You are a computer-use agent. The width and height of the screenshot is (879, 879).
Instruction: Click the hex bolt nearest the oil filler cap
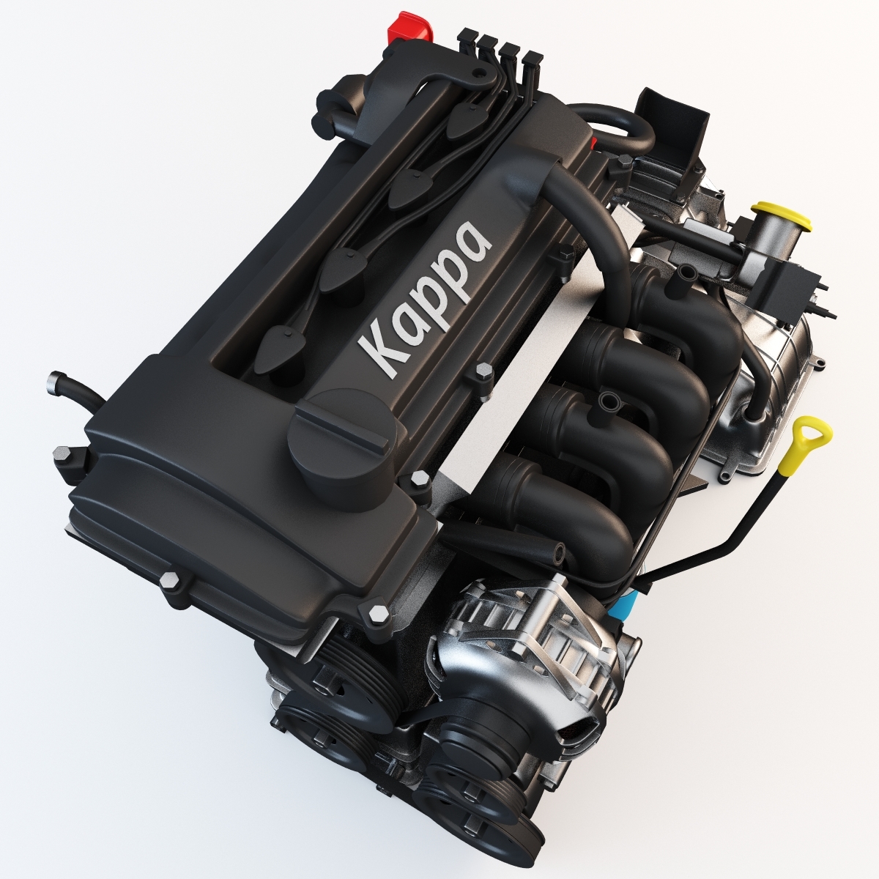pyautogui.click(x=420, y=478)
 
